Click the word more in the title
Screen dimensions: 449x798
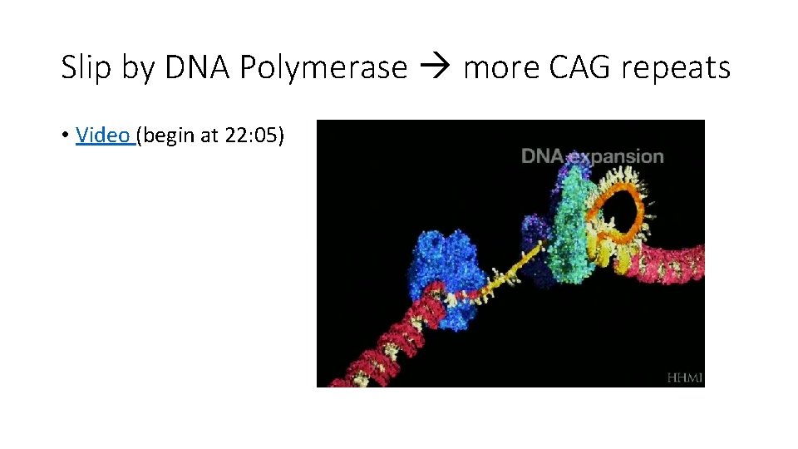501,68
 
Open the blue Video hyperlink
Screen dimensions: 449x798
102,135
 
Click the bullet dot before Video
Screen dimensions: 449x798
65,136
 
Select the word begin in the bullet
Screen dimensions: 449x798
171,135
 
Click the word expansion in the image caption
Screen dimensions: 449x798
617,155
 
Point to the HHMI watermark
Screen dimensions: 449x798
684,377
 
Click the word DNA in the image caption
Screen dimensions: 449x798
542,155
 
